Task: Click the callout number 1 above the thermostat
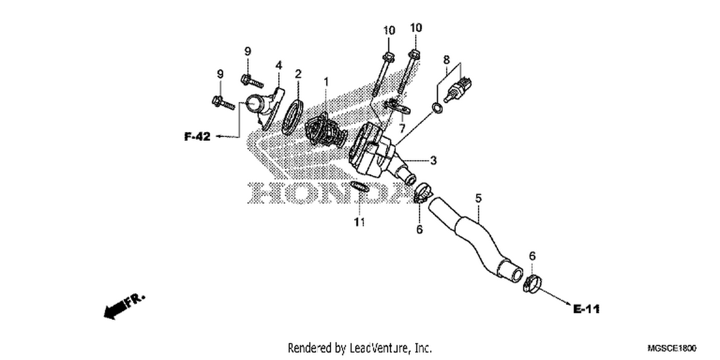pyautogui.click(x=326, y=82)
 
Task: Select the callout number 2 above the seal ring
pyautogui.click(x=298, y=74)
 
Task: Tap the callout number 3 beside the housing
pyautogui.click(x=433, y=160)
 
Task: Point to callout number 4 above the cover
pyautogui.click(x=279, y=65)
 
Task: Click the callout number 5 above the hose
pyautogui.click(x=478, y=198)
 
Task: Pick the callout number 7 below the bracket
pyautogui.click(x=402, y=129)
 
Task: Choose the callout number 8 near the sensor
pyautogui.click(x=446, y=60)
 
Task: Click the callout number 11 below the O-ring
pyautogui.click(x=360, y=222)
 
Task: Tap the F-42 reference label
pyautogui.click(x=197, y=137)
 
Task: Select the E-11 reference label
pyautogui.click(x=587, y=309)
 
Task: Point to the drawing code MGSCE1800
pyautogui.click(x=672, y=348)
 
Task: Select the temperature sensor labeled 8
pyautogui.click(x=458, y=88)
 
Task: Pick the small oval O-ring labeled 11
pyautogui.click(x=360, y=186)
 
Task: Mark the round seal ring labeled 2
pyautogui.click(x=292, y=117)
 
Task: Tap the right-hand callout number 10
pyautogui.click(x=416, y=28)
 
